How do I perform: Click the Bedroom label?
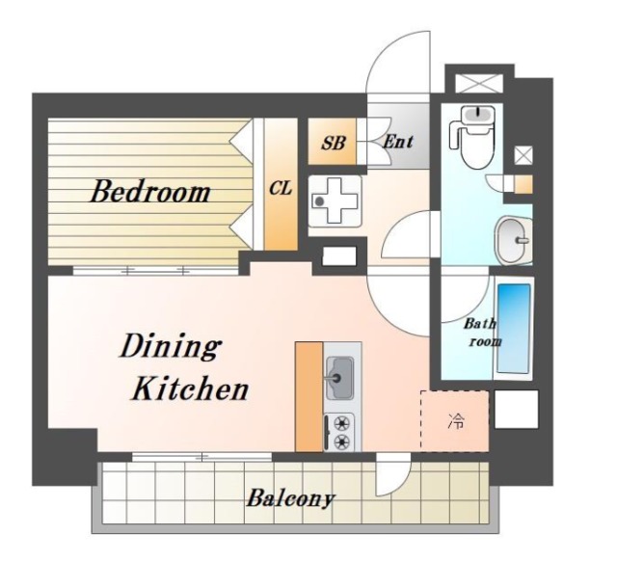tap(150, 192)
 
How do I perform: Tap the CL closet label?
tap(281, 189)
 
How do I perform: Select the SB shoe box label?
tap(333, 143)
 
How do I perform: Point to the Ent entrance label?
tap(398, 142)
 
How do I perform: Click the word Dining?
tap(170, 346)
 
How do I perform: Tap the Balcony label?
tap(290, 498)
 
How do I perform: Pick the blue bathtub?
tap(514, 329)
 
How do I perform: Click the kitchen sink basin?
tap(338, 378)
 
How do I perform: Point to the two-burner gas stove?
tap(339, 432)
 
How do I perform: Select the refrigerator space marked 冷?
tap(455, 421)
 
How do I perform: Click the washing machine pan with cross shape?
tap(335, 201)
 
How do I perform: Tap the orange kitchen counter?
tap(309, 397)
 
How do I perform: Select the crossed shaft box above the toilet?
tap(479, 84)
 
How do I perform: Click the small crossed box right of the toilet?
tap(523, 155)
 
